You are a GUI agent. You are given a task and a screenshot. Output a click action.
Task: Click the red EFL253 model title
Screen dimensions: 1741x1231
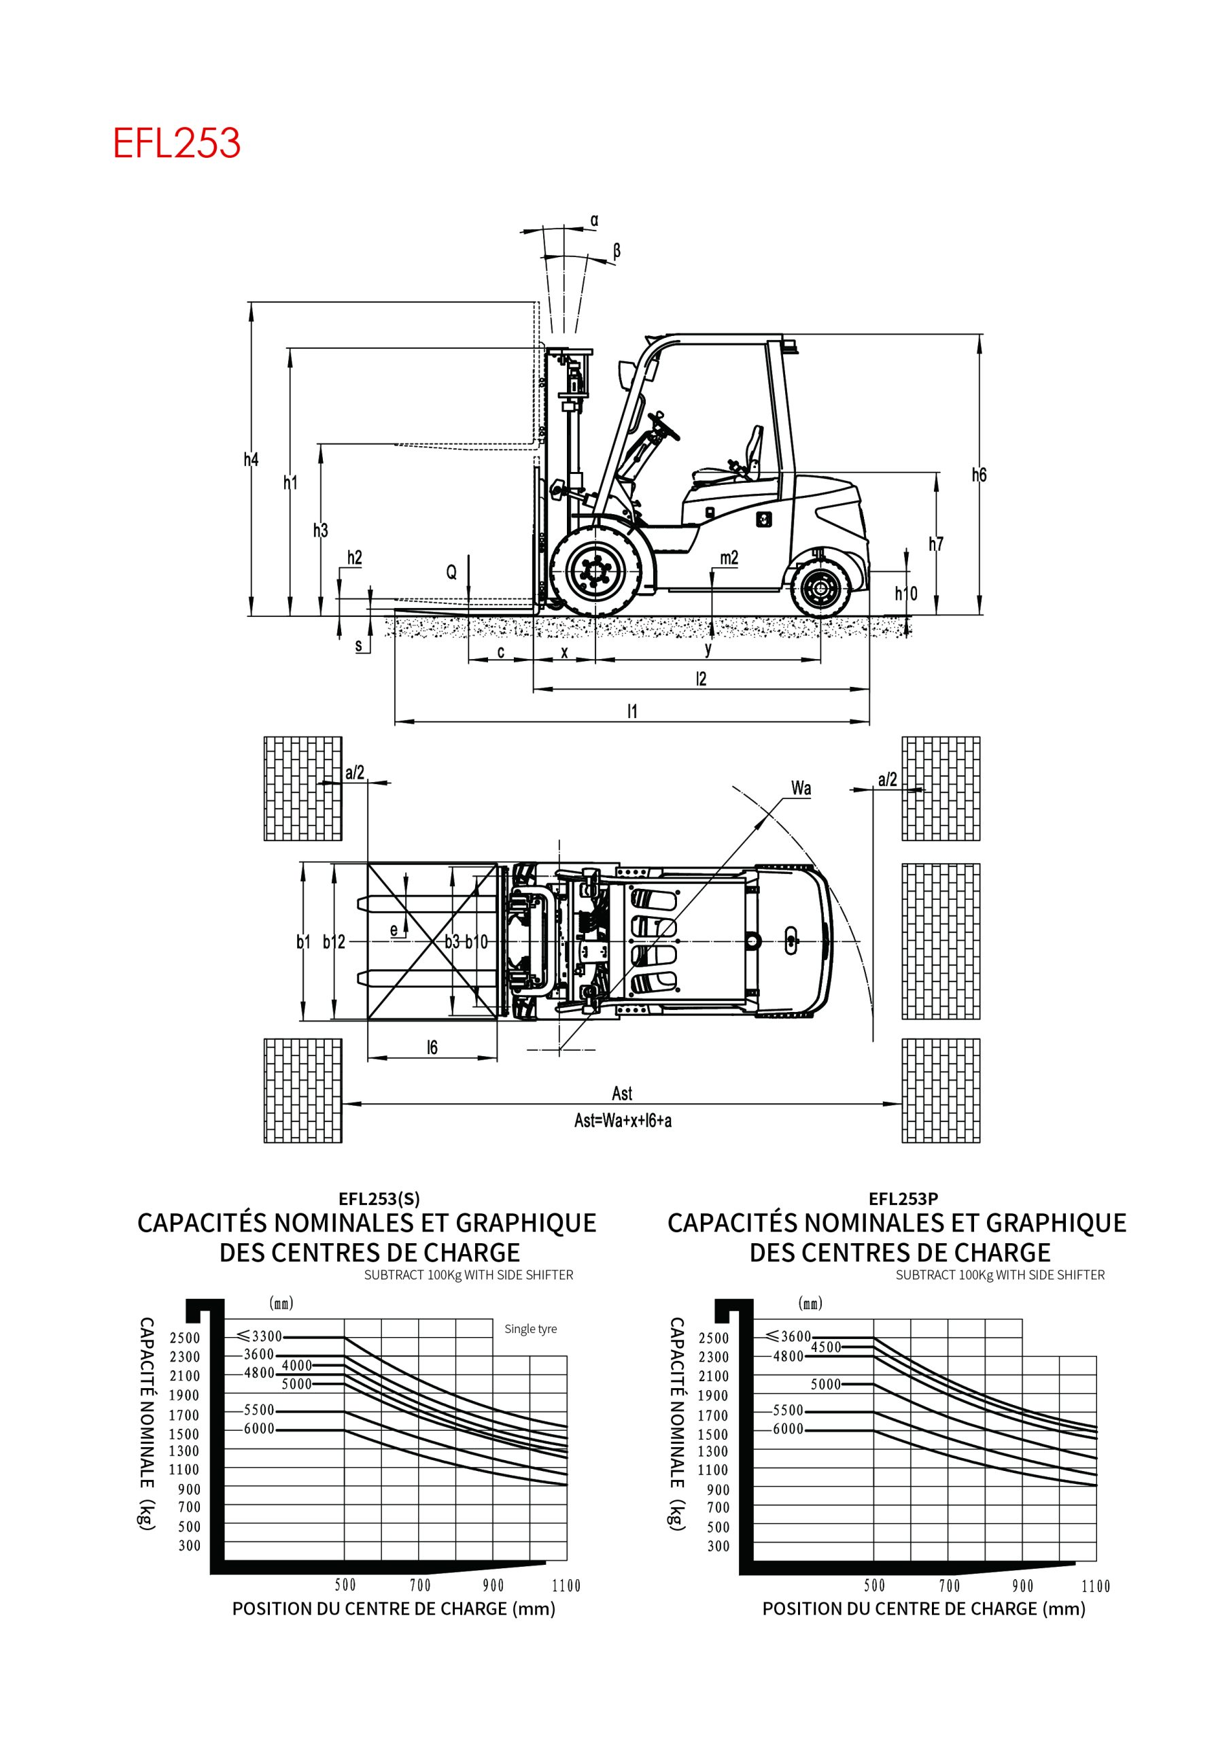pos(177,143)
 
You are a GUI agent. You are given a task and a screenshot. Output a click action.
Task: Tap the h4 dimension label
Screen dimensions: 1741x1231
pos(251,460)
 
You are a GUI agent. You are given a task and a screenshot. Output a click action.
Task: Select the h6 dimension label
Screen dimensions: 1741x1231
pos(979,475)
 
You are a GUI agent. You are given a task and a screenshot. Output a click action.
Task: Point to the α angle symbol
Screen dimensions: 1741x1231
pos(594,220)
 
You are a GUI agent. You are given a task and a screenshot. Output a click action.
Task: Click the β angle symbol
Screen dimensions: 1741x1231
pos(617,251)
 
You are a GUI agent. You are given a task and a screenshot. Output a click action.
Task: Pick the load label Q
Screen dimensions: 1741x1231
pos(451,573)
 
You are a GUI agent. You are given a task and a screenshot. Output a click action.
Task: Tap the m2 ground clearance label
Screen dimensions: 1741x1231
pos(729,558)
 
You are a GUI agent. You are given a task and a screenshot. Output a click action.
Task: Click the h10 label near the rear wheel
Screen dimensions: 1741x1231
pos(906,593)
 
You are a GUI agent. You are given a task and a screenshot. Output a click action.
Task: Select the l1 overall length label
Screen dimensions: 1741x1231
pos(632,711)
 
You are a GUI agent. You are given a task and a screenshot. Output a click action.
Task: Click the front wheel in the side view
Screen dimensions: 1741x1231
pos(596,571)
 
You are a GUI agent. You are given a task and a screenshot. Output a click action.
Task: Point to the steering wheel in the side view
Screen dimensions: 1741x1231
pos(665,424)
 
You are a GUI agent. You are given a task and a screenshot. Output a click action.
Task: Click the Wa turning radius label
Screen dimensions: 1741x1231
pos(801,788)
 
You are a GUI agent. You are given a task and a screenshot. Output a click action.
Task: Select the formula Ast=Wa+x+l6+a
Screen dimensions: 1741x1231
pos(623,1120)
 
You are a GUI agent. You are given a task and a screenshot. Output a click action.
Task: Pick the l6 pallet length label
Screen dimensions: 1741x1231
pos(432,1047)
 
